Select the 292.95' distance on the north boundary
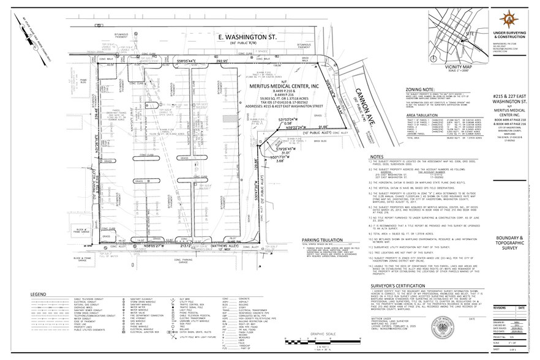222,62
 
